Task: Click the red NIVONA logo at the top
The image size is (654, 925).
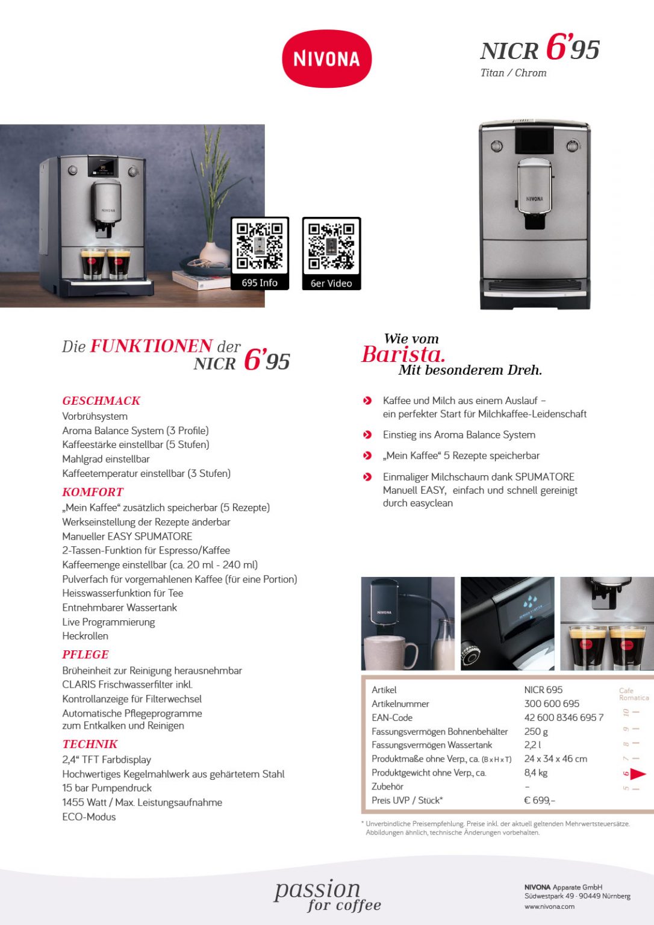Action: tap(326, 58)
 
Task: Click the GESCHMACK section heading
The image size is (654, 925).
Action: tap(101, 400)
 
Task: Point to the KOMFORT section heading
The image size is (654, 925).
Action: tap(93, 491)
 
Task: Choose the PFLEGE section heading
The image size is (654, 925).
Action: tap(86, 654)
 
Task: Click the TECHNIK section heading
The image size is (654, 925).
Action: tap(90, 744)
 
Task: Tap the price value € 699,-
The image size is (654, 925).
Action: tap(540, 800)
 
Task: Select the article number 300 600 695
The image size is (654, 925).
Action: tap(552, 703)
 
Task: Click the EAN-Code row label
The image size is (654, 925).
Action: tap(392, 717)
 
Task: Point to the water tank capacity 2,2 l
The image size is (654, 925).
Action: tap(532, 745)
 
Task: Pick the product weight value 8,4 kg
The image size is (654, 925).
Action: tap(535, 773)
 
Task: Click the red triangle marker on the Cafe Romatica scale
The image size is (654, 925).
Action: tap(638, 774)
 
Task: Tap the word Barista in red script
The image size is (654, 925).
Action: tap(403, 354)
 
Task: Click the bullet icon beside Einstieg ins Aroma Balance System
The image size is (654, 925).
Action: tap(367, 435)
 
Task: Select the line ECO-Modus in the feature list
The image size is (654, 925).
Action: tap(89, 817)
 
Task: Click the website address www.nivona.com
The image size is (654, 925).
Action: tap(549, 906)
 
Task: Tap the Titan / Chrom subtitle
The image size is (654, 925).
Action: tap(513, 73)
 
